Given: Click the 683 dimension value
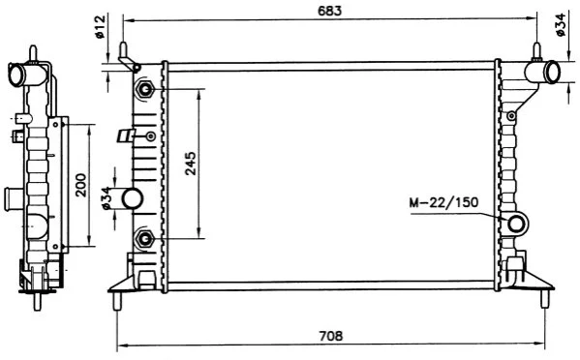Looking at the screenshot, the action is (x=330, y=11).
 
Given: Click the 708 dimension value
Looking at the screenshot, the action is (x=331, y=336).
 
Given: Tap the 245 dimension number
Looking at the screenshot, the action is (x=191, y=163).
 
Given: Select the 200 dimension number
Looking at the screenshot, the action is (x=80, y=185).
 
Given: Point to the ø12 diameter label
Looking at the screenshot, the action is (x=101, y=26).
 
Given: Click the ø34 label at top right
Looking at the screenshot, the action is (x=561, y=24).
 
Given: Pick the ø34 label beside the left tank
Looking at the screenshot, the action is (x=107, y=198).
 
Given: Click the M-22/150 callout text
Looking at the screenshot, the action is (x=443, y=202).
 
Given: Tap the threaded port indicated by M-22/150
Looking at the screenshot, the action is (x=516, y=225).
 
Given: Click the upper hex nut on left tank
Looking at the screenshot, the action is (x=144, y=89).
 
